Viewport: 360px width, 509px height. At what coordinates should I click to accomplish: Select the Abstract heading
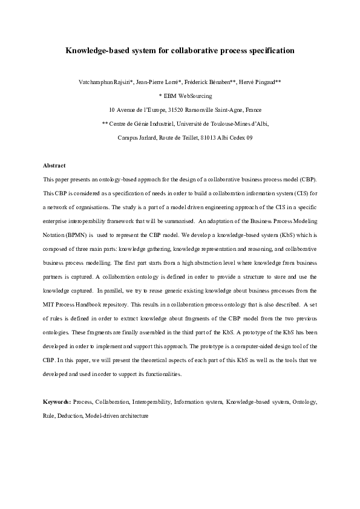[x=54, y=165]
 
